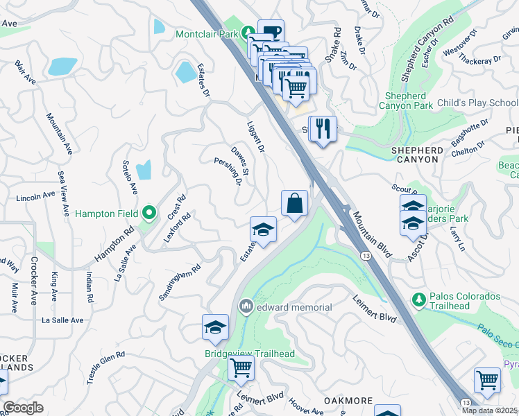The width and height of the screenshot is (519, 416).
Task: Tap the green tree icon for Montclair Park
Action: (x=248, y=33)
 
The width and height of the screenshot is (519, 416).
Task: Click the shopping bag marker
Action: (x=295, y=204)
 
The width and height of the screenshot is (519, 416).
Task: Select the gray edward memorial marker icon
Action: (x=246, y=306)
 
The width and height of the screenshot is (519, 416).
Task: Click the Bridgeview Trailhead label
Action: (x=249, y=354)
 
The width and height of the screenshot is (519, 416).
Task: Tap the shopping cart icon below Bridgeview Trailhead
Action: (x=241, y=367)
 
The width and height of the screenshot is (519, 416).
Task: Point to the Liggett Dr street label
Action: (x=256, y=137)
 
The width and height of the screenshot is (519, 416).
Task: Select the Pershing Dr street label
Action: (x=236, y=171)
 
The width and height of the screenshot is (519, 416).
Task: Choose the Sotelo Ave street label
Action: (x=130, y=177)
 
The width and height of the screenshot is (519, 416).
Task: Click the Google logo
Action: (x=23, y=408)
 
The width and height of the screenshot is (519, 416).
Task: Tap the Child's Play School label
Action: (x=478, y=103)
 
